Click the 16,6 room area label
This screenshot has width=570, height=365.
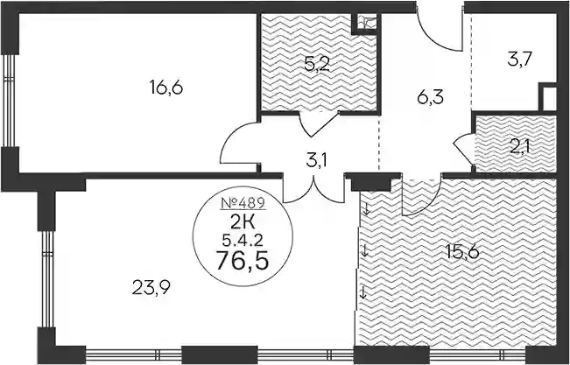pos(165,88)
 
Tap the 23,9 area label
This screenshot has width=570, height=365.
pos(151,289)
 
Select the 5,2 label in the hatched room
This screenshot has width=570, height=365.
pos(317,65)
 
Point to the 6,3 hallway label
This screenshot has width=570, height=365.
pos(431,97)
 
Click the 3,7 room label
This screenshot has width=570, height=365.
pos(520,60)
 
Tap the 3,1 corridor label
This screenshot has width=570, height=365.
pos(316,160)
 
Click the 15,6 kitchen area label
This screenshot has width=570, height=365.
pos(462,252)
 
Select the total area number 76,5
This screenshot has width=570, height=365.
pos(243,261)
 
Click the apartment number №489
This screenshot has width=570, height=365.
pos(243,204)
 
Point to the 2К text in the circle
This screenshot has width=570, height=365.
pos(243,221)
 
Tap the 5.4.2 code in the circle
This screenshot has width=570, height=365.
pos(243,239)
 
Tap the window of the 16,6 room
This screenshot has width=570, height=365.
pos(9,101)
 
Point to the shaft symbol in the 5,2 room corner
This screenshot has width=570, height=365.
pos(365,24)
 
